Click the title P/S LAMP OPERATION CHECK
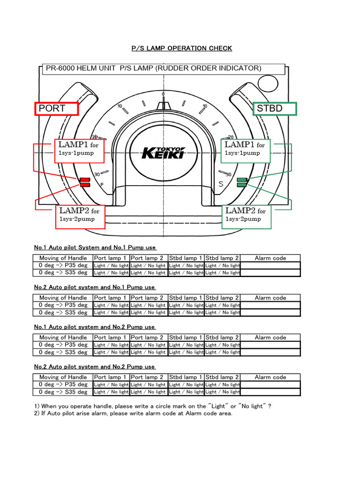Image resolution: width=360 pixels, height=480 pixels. pos(180,48)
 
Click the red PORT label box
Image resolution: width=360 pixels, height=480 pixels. pos(56,109)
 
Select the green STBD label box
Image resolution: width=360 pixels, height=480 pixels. pos(274,109)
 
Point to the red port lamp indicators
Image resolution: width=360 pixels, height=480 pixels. pos(85,182)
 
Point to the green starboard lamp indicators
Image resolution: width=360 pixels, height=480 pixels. pos(242,182)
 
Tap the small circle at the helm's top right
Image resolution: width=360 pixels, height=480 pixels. pos(267,84)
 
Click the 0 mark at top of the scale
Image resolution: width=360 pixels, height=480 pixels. pos(163,94)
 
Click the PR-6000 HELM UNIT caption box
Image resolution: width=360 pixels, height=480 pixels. pos(163,68)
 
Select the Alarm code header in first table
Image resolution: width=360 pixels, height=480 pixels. pos(270,258)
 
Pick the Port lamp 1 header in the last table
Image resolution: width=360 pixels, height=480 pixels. pos(110,377)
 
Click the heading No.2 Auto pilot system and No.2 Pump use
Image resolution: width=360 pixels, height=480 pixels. pos(94,367)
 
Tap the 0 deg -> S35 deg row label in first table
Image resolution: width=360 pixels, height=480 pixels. pos(63,272)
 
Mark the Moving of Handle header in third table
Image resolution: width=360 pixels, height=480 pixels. pos(63,337)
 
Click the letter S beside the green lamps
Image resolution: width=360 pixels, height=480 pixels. pos(221,184)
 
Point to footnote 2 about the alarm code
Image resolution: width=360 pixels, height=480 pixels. pos(133,413)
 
